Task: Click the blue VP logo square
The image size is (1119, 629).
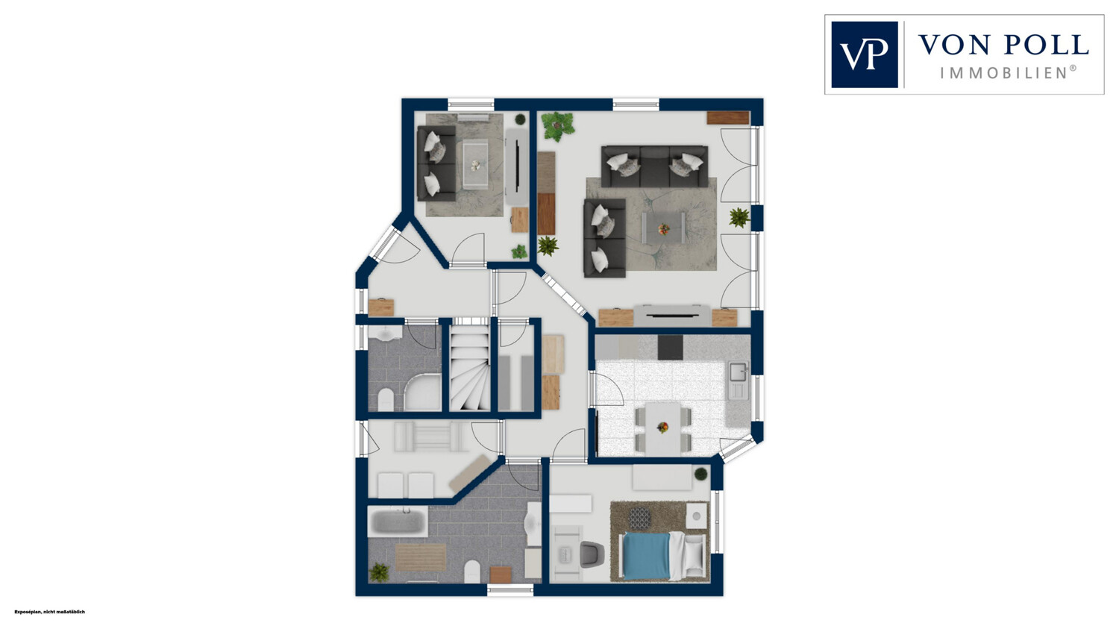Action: pyautogui.click(x=864, y=54)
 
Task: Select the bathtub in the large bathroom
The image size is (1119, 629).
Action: pyautogui.click(x=398, y=522)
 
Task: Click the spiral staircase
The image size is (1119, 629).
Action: pyautogui.click(x=469, y=368)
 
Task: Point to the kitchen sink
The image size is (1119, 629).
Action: pyautogui.click(x=738, y=372)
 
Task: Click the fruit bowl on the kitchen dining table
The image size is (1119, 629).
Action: pyautogui.click(x=663, y=427)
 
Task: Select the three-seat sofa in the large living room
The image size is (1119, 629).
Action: pyautogui.click(x=654, y=166)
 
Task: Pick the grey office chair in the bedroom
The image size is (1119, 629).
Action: pyautogui.click(x=592, y=554)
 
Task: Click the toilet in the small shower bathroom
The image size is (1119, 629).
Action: pyautogui.click(x=386, y=400)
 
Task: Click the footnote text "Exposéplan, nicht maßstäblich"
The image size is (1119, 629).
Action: pyautogui.click(x=50, y=612)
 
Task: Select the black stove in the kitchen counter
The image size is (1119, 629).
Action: pyautogui.click(x=670, y=347)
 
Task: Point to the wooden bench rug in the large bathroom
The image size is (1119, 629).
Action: pyautogui.click(x=421, y=557)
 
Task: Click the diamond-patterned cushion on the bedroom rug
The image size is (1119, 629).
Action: pyautogui.click(x=639, y=518)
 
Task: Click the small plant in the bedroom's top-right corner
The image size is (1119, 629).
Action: pyautogui.click(x=701, y=474)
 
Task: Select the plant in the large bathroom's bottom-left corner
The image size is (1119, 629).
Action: pyautogui.click(x=379, y=572)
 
